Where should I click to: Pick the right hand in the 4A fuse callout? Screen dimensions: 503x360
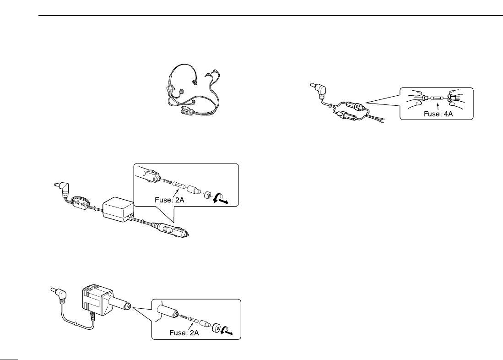459,96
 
